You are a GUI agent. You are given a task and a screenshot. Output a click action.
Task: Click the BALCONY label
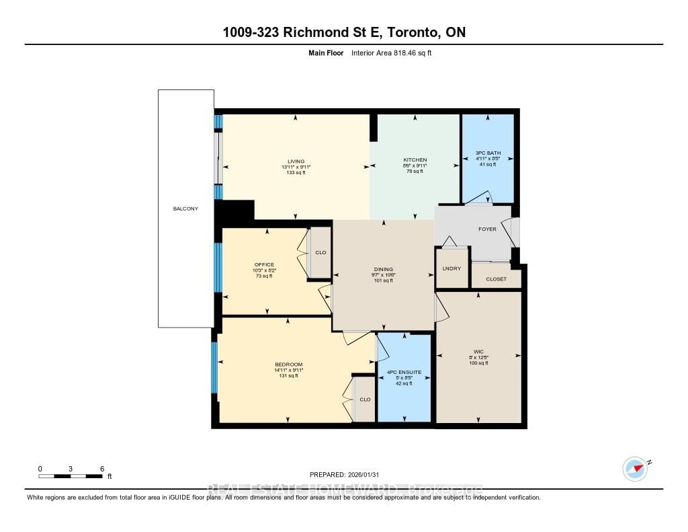coord(185,209)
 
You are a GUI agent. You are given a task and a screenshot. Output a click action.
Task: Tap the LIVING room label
coord(296,161)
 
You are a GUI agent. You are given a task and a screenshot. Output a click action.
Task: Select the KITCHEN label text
coord(415,159)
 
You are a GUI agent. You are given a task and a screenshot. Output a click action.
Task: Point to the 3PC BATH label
coord(488,153)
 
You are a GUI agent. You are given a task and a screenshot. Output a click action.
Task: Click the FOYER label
coord(487,229)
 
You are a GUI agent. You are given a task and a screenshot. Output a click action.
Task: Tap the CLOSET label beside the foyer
coord(497,279)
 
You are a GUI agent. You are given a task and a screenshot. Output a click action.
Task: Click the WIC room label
coord(478,350)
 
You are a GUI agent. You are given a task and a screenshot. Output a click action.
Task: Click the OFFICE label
coord(265,264)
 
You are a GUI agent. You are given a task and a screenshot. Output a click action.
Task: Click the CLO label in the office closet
coord(320,253)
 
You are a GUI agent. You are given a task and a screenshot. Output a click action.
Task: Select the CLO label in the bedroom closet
coord(365,399)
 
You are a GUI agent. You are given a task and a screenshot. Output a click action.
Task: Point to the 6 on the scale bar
coord(101,469)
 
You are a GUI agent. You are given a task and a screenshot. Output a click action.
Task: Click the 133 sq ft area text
coord(296,173)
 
